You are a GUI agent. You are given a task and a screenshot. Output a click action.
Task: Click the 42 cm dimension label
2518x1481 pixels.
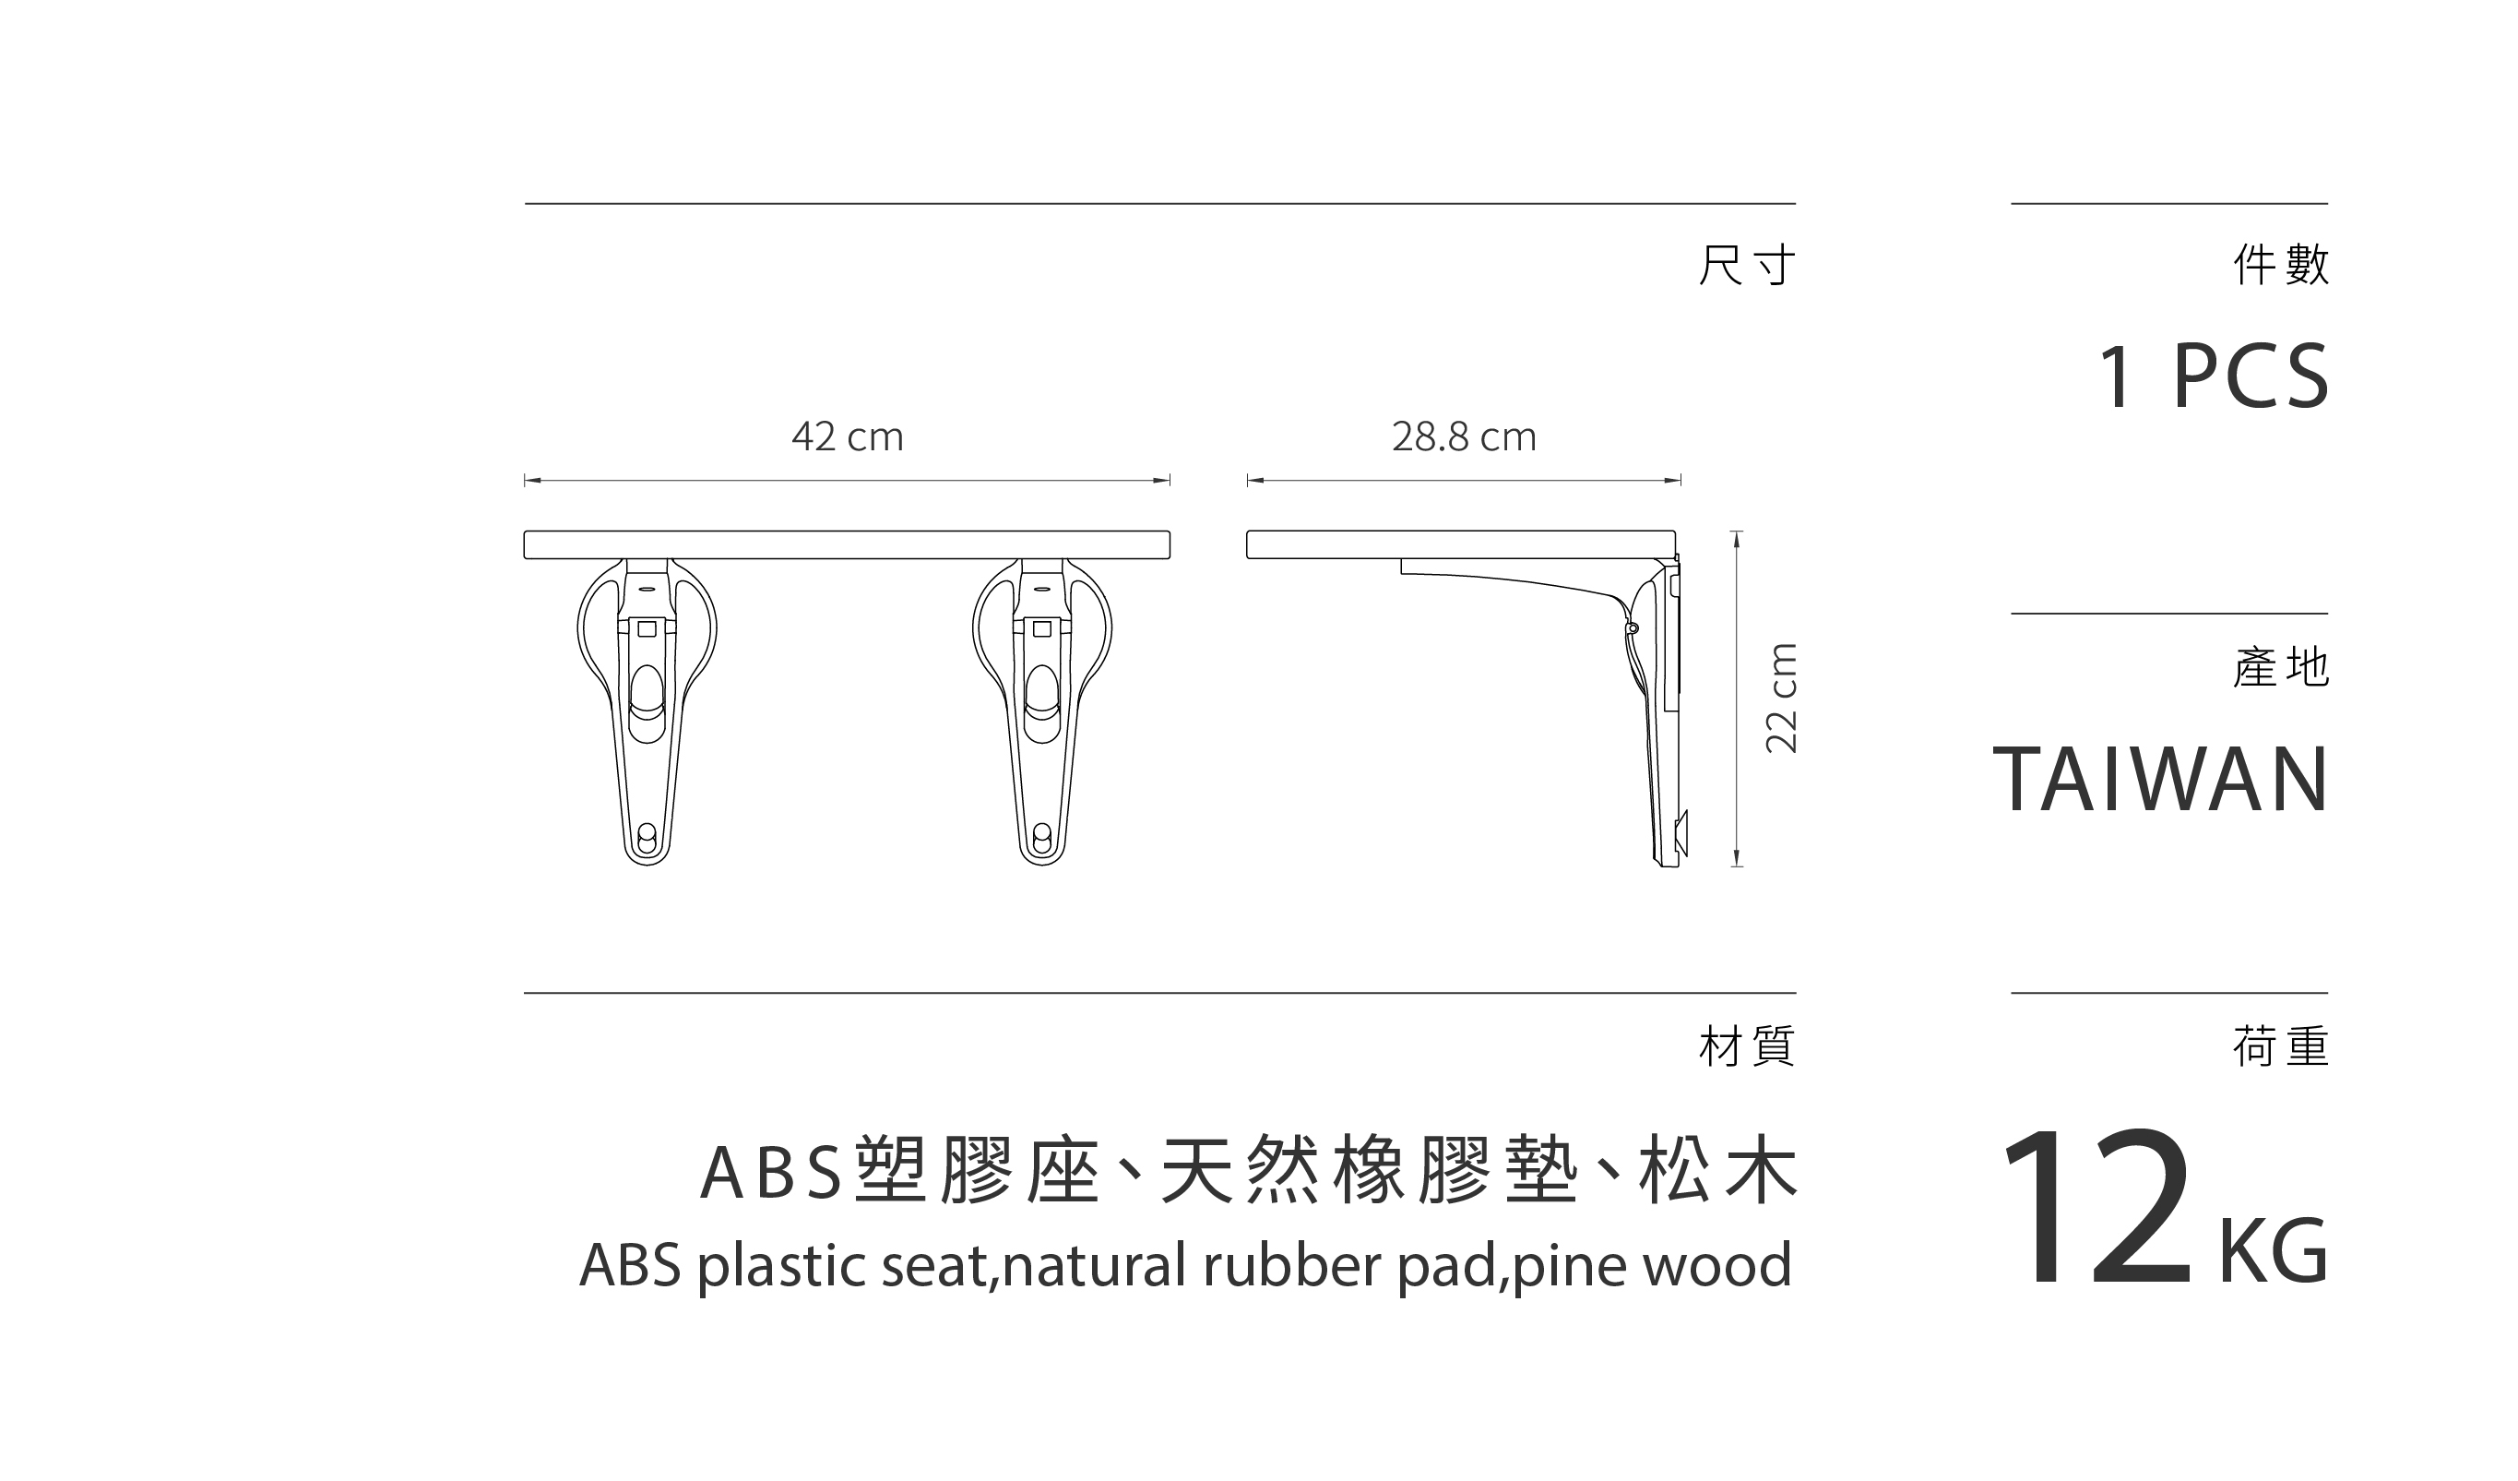pos(847,436)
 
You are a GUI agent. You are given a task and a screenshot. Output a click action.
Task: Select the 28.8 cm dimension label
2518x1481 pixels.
pos(1463,436)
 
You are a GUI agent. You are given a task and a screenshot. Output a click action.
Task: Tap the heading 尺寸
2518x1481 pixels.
pos(1746,265)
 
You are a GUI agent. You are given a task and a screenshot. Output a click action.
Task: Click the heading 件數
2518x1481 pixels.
pos(2280,265)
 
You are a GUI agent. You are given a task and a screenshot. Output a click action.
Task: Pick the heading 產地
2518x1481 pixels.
pos(2280,667)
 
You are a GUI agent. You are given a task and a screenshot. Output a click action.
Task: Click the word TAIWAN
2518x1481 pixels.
pos(2160,780)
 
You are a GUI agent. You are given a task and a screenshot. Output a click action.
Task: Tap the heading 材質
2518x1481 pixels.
pos(1746,1046)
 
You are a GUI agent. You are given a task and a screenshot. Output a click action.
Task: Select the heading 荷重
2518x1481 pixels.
pos(2280,1046)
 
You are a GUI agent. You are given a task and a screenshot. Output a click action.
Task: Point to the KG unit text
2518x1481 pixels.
pos(2273,1250)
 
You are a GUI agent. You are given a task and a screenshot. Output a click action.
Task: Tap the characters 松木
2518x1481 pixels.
pos(1716,1169)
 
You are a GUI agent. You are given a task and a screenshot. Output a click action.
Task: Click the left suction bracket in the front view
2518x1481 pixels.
pos(647,710)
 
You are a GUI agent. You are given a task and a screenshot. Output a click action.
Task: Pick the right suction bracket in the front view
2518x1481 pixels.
pos(1041,710)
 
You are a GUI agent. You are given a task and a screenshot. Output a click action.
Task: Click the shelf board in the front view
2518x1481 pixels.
pos(847,544)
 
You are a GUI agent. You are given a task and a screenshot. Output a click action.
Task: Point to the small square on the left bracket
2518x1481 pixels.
pos(647,628)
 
